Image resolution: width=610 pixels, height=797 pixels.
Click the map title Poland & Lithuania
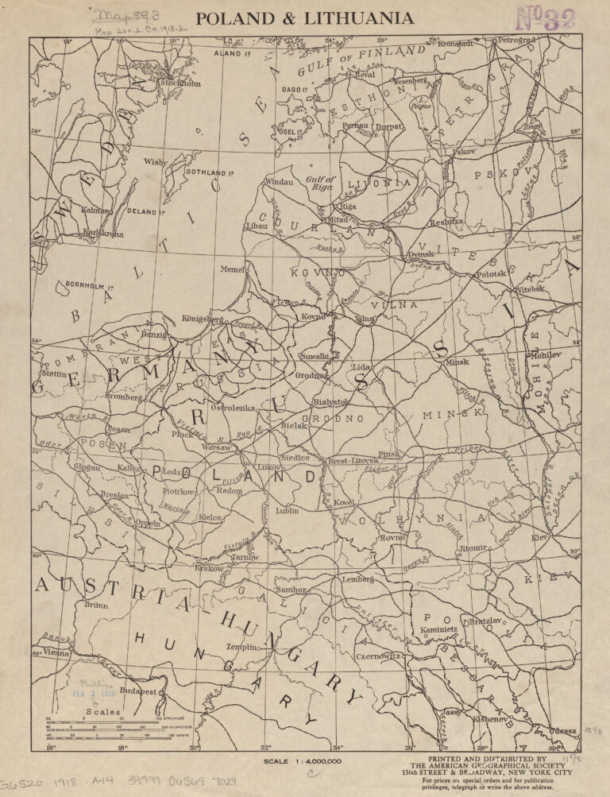[x=304, y=17]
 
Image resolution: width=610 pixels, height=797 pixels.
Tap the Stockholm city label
[x=180, y=83]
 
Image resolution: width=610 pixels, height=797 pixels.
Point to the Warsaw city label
[x=217, y=448]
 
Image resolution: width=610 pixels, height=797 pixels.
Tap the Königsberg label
[x=204, y=319]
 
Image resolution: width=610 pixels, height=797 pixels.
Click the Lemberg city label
[x=357, y=580]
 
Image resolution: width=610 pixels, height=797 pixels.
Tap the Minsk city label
[x=457, y=362]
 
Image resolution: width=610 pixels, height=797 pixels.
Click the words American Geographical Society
[x=490, y=768]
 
